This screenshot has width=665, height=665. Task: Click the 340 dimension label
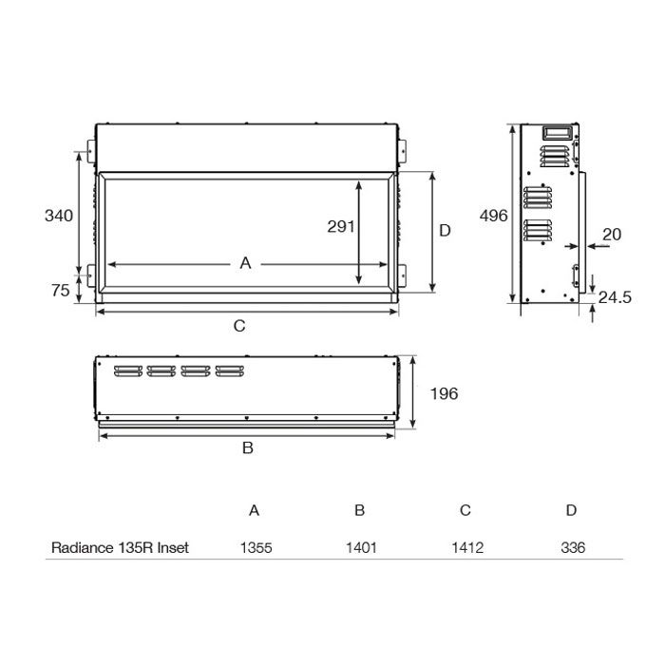pyautogui.click(x=59, y=216)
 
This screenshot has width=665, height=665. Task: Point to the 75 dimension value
pyautogui.click(x=59, y=291)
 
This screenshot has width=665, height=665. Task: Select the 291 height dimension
pyautogui.click(x=339, y=226)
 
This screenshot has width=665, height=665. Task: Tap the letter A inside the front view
pyautogui.click(x=245, y=263)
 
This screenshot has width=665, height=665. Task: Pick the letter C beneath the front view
pyautogui.click(x=239, y=326)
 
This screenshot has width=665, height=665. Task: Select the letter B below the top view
pyautogui.click(x=247, y=448)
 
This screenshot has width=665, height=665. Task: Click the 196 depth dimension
pyautogui.click(x=444, y=393)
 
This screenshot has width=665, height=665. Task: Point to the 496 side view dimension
pyautogui.click(x=493, y=216)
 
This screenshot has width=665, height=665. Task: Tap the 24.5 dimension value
pyautogui.click(x=616, y=297)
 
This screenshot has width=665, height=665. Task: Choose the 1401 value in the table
pyautogui.click(x=359, y=548)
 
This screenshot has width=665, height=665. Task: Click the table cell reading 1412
pyautogui.click(x=465, y=548)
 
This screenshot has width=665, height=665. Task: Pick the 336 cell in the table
pyautogui.click(x=572, y=548)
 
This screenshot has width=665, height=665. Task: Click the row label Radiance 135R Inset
pyautogui.click(x=120, y=548)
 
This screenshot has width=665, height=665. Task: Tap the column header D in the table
pyautogui.click(x=571, y=510)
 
